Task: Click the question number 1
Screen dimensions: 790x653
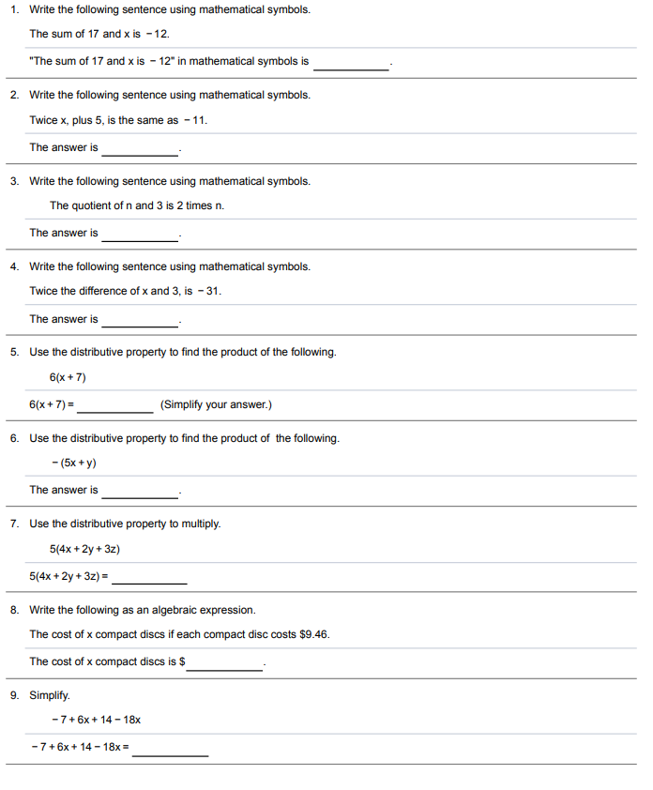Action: point(14,9)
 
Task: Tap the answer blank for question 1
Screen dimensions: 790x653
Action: point(351,64)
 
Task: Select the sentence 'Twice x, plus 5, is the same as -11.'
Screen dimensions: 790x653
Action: point(118,120)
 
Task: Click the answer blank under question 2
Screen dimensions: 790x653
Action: point(140,150)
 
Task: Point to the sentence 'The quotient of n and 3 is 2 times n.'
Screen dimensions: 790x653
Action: point(137,205)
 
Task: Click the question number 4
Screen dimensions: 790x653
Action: point(14,266)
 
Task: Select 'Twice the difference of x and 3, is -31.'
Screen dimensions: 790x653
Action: point(126,291)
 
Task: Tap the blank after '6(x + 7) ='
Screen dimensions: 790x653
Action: point(115,407)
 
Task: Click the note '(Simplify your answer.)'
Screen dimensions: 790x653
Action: point(216,405)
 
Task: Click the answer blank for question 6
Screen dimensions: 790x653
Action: point(140,493)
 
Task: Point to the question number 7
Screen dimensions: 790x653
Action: point(14,524)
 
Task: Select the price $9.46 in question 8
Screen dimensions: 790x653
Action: point(314,634)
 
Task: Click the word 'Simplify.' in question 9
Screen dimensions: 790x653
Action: point(50,695)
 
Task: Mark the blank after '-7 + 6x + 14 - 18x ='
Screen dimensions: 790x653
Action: point(170,751)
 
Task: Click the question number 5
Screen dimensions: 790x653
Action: point(14,352)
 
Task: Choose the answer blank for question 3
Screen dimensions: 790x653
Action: point(140,235)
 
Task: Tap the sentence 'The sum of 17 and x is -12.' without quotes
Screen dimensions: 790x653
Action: point(99,34)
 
